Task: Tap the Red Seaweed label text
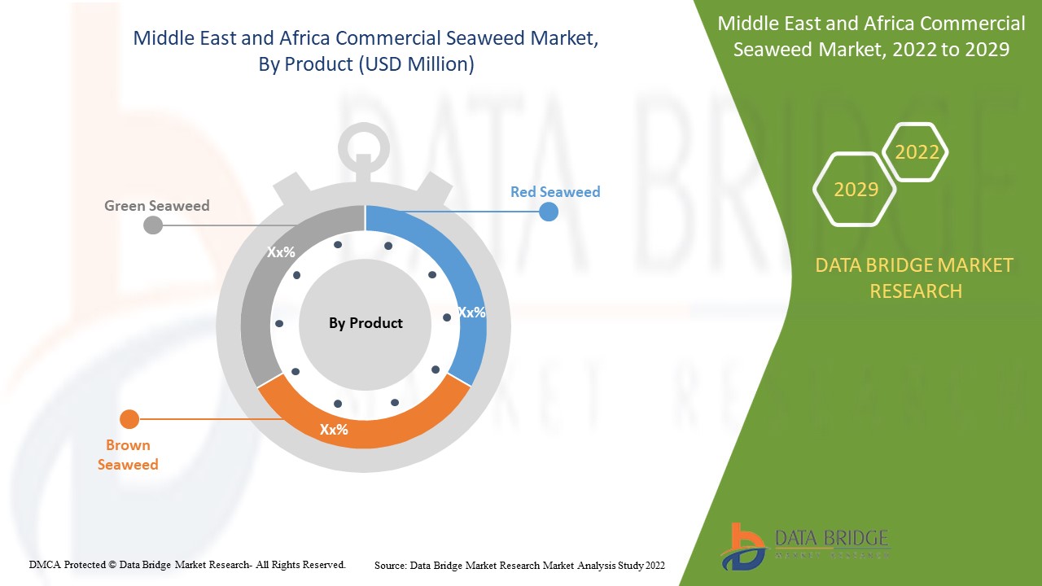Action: click(x=554, y=192)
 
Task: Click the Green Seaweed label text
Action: click(x=156, y=206)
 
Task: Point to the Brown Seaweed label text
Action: click(x=128, y=455)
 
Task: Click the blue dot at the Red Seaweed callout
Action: click(x=549, y=212)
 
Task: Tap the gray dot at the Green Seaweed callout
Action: click(x=153, y=225)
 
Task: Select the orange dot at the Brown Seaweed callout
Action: click(x=129, y=419)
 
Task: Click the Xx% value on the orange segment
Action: click(x=334, y=430)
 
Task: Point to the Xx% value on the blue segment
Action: click(x=471, y=313)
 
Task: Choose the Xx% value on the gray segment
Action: click(x=281, y=252)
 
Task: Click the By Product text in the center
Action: click(x=366, y=323)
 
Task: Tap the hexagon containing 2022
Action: click(x=917, y=152)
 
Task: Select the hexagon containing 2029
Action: click(x=856, y=190)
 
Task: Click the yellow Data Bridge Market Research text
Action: click(x=914, y=278)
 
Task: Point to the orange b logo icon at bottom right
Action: click(x=742, y=546)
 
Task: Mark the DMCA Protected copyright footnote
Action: click(x=187, y=564)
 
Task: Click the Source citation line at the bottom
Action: click(x=519, y=565)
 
